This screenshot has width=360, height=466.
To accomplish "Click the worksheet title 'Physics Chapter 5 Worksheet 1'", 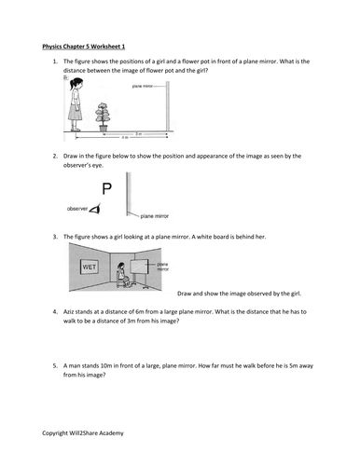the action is pos(85,44).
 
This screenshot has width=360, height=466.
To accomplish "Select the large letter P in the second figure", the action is pos(106,190).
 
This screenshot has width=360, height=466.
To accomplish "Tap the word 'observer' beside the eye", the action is pos(78,208).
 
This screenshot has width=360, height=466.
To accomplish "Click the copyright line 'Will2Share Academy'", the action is pos(85,434).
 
